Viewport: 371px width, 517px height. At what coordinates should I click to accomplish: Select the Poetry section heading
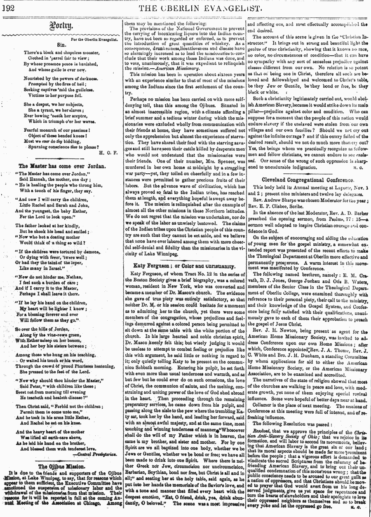61,27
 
